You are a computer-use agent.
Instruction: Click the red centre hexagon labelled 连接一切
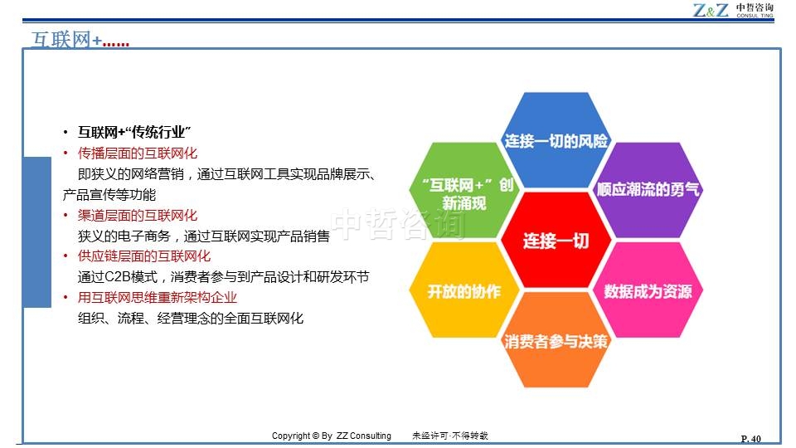click(556, 240)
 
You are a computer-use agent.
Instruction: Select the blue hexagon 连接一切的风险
click(556, 140)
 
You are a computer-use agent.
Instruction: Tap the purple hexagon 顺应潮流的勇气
click(648, 190)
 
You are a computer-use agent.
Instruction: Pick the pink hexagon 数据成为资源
click(648, 290)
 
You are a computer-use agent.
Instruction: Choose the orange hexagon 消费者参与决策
click(556, 340)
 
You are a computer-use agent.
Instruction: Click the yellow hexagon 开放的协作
click(464, 290)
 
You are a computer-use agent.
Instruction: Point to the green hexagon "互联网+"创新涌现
click(464, 190)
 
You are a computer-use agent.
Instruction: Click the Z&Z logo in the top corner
click(733, 10)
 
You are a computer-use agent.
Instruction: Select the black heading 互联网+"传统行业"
click(134, 132)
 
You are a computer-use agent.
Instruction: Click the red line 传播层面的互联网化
click(138, 153)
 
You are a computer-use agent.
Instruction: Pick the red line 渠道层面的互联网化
click(138, 216)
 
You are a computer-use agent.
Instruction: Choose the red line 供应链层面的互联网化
click(144, 256)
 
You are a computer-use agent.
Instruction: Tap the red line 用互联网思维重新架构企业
click(158, 297)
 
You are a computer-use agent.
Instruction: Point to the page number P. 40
click(751, 439)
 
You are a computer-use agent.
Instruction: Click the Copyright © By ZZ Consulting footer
click(332, 436)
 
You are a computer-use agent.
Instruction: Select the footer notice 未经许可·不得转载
click(449, 436)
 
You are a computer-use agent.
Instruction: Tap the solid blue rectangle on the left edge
click(37, 232)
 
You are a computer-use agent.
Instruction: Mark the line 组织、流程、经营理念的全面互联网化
click(191, 319)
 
